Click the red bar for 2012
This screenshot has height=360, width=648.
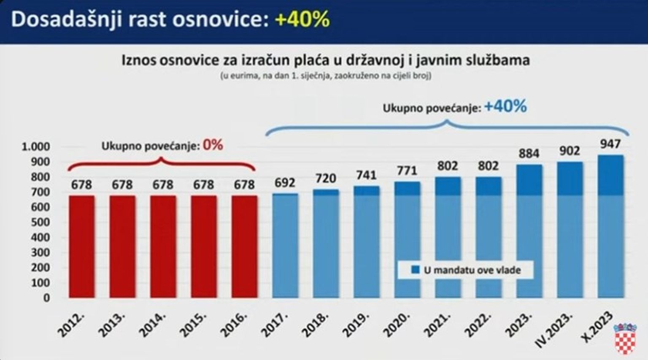[x=81, y=246]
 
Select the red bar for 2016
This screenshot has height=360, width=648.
[x=244, y=246]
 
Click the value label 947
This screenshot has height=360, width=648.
[x=610, y=144]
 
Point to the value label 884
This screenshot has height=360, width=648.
[x=529, y=154]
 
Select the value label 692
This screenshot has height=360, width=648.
[x=285, y=183]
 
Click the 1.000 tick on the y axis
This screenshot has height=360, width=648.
[x=36, y=147]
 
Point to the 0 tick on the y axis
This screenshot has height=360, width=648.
[x=46, y=298]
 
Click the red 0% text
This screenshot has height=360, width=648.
[x=213, y=145]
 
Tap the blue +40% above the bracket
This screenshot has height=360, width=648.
[x=505, y=106]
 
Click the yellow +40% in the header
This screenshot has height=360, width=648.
[x=302, y=19]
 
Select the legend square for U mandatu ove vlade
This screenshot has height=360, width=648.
[x=416, y=270]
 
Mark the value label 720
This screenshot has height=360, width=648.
[x=326, y=179]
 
